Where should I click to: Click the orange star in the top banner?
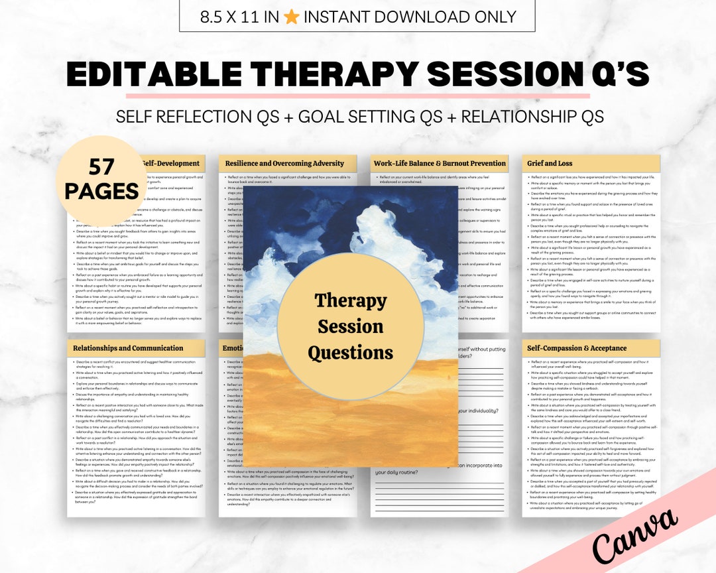coord(291,17)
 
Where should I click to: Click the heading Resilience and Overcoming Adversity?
coord(284,163)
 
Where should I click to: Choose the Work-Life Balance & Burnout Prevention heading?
coord(440,163)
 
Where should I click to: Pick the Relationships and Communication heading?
coord(128,348)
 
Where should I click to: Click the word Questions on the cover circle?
coord(350,352)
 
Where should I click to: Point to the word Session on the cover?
coord(350,326)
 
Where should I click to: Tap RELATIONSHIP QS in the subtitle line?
coord(532,117)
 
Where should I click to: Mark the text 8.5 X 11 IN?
coord(239,17)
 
